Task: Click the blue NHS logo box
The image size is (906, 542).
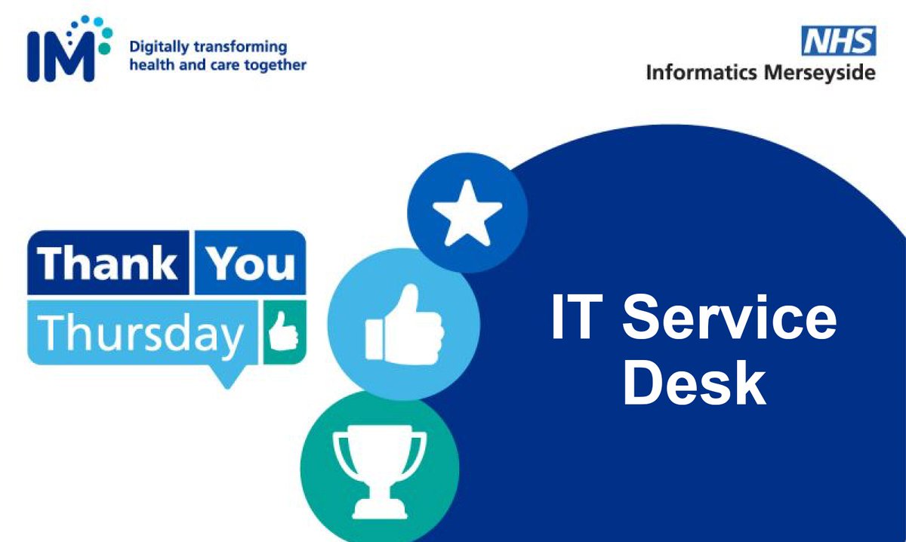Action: pyautogui.click(x=838, y=40)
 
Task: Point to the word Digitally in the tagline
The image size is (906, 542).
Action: pyautogui.click(x=156, y=47)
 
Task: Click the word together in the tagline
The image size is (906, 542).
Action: pyautogui.click(x=275, y=65)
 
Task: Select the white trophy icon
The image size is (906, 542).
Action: pyautogui.click(x=379, y=466)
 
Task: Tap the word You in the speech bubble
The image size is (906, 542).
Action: pyautogui.click(x=250, y=264)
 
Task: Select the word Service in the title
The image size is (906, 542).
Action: pyautogui.click(x=728, y=319)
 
